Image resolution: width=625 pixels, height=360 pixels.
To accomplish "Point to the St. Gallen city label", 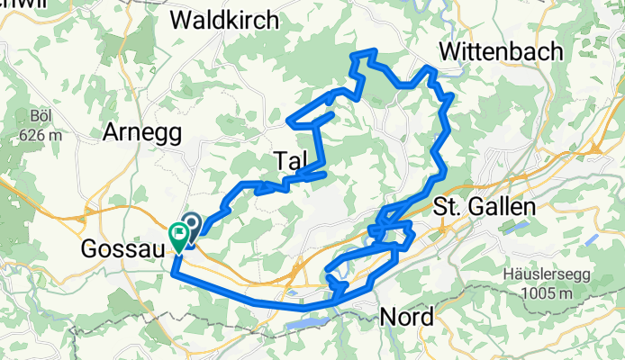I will click(x=484, y=206).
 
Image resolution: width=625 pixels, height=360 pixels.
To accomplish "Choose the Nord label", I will click(x=407, y=317).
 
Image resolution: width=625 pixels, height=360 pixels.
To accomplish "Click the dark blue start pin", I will click(x=191, y=223).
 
